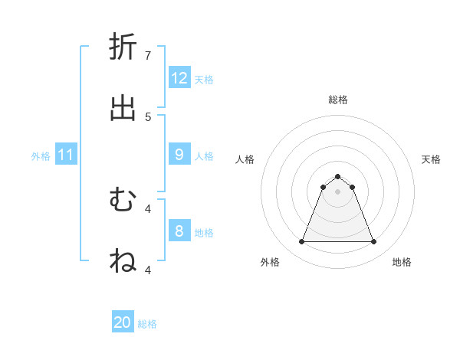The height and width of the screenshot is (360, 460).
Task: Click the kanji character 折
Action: click(123, 47)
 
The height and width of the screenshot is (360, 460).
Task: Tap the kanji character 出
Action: click(123, 109)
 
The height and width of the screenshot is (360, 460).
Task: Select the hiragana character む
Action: click(123, 200)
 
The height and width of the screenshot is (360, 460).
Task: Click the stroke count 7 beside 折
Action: click(148, 55)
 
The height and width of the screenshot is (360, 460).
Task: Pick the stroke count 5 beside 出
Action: click(148, 116)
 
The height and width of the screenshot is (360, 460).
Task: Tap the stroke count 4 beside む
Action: click(148, 208)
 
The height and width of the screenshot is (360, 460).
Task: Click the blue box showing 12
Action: click(179, 78)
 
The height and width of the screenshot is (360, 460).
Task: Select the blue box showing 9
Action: click(179, 155)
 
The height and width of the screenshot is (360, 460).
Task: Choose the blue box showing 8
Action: click(179, 231)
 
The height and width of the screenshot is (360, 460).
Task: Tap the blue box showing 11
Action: click(66, 155)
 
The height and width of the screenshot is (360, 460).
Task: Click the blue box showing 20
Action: click(123, 323)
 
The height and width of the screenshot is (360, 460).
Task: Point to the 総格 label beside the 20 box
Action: click(147, 324)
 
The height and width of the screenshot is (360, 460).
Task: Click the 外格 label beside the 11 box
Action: click(41, 155)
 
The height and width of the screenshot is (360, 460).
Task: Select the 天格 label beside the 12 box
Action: click(204, 79)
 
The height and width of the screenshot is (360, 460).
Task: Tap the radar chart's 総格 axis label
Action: click(338, 100)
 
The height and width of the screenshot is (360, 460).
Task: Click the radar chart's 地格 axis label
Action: click(402, 262)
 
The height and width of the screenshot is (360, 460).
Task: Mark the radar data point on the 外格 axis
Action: click(301, 242)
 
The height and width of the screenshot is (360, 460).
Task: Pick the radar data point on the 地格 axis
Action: click(374, 242)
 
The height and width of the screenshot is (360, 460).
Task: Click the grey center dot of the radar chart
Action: click(337, 191)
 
